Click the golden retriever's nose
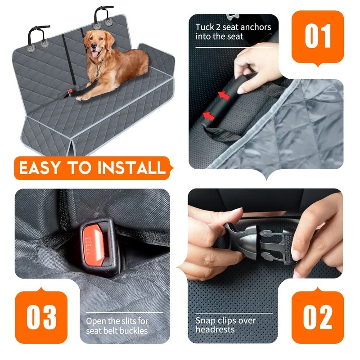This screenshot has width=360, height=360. pos(94,45)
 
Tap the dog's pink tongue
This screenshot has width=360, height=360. pos(94,54)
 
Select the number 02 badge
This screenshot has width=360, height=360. pos(318,316)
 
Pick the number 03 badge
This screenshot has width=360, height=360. pos(41,316)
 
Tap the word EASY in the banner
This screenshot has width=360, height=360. pos(40,167)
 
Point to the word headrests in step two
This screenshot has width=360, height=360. pos(215,329)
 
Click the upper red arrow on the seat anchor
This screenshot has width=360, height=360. pos(224,95)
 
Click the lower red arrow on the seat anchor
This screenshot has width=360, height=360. pos(208,116)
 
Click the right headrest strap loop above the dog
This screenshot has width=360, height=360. pos(103,16)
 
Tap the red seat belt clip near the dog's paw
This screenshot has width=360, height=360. pos(70,93)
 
